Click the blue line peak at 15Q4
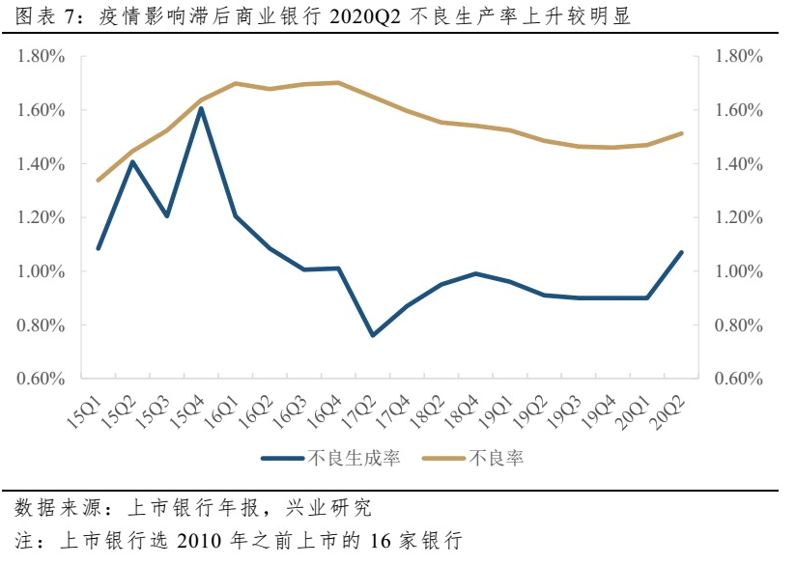(x=201, y=108)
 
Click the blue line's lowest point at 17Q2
(x=373, y=335)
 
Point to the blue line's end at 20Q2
(x=681, y=253)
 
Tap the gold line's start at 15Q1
(x=99, y=180)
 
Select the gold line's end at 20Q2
(x=681, y=133)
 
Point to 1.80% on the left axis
(x=41, y=57)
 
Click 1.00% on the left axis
(x=41, y=271)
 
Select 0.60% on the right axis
(x=739, y=379)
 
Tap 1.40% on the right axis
(x=739, y=164)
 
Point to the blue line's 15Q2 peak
(x=132, y=161)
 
